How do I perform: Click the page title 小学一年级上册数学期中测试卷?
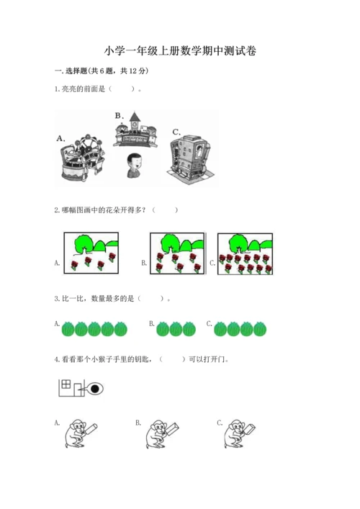click(180, 51)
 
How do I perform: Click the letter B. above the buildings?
click(119, 114)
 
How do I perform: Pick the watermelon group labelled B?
click(176, 329)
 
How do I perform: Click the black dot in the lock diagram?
click(94, 389)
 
